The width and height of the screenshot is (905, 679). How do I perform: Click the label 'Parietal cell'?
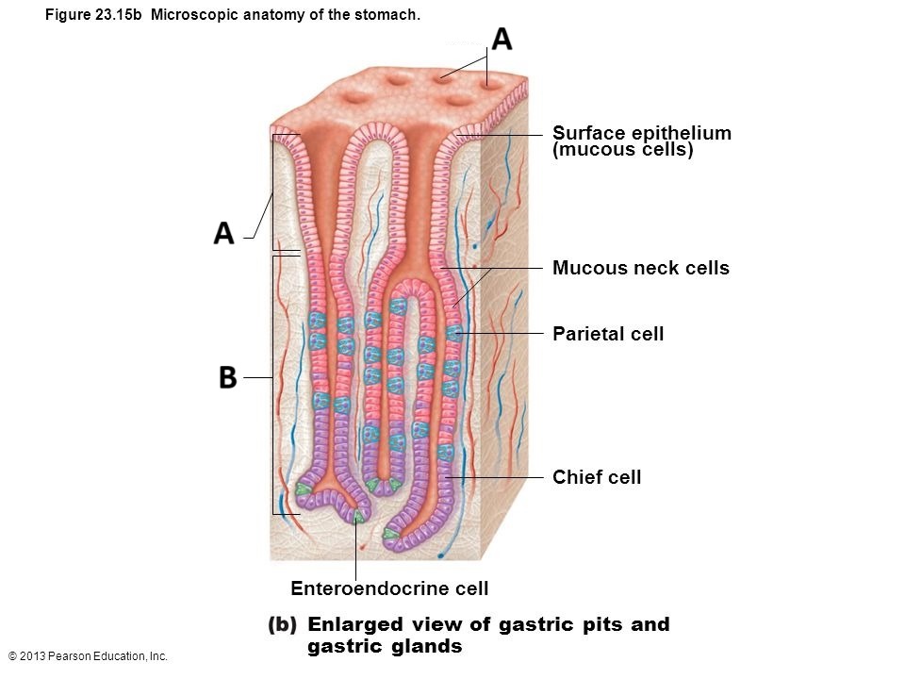[x=608, y=334]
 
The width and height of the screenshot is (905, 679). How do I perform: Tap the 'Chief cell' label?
[x=597, y=477]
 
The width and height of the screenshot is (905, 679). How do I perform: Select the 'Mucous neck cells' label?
[x=641, y=268]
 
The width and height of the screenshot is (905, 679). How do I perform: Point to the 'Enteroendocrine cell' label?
[x=389, y=589]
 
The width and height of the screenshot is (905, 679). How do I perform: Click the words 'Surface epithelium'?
[x=642, y=133]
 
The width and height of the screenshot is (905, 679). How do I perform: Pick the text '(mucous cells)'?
[x=623, y=151]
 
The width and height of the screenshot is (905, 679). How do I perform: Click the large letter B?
[x=227, y=377]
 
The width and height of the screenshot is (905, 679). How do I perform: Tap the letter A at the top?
[x=502, y=40]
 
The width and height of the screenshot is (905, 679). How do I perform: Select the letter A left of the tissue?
[x=224, y=232]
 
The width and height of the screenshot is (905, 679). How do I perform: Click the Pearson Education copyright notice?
[x=87, y=655]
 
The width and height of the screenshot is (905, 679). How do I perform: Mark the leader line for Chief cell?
[x=500, y=478]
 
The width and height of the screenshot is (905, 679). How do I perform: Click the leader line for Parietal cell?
[x=500, y=334]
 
